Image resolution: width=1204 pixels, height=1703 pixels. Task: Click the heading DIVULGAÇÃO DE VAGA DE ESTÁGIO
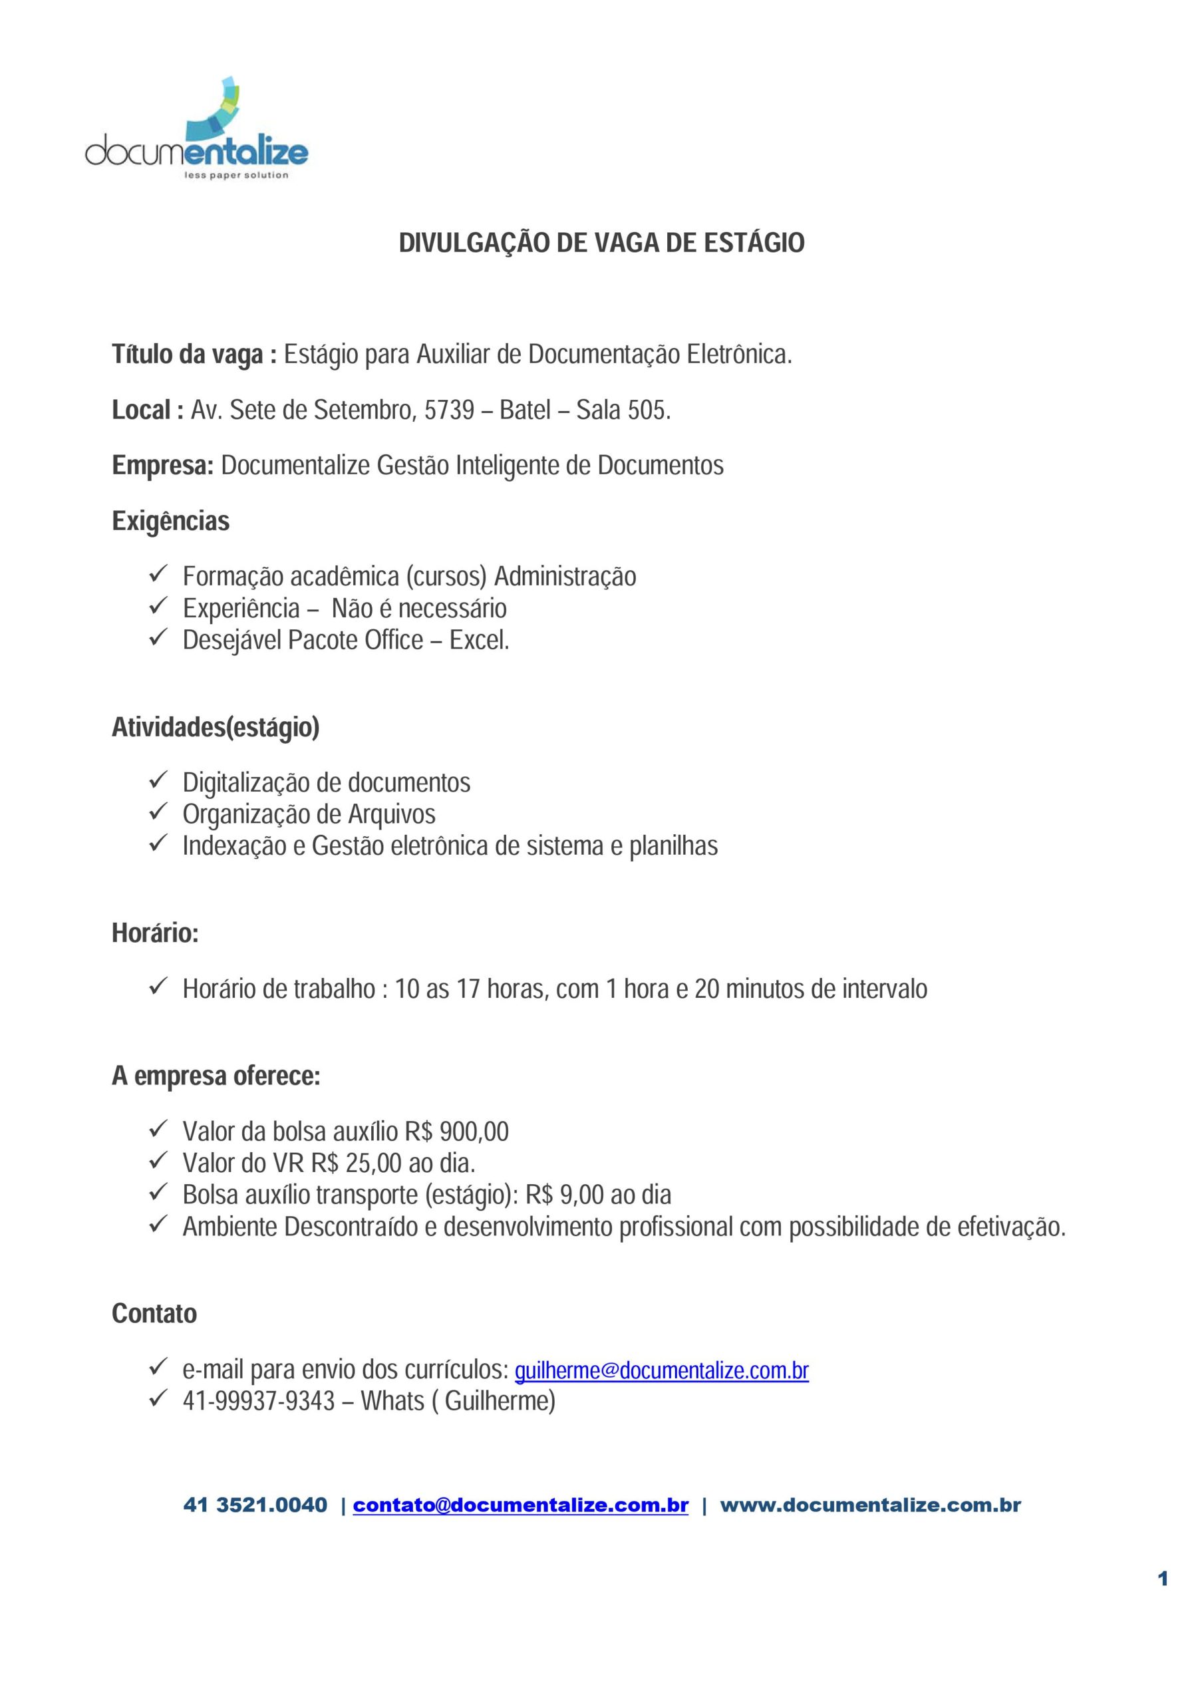601,243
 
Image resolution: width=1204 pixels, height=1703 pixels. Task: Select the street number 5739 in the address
449,409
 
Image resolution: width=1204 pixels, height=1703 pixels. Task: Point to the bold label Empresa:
163,465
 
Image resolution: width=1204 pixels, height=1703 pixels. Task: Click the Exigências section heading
171,521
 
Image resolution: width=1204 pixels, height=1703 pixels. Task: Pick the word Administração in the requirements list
565,576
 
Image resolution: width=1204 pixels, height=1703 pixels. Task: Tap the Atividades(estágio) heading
215,727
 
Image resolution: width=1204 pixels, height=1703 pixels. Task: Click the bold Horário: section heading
155,933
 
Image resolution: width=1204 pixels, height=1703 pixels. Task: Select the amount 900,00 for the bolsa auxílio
474,1131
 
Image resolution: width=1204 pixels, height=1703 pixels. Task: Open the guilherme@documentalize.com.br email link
661,1370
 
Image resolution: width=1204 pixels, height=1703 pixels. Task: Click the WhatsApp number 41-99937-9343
259,1401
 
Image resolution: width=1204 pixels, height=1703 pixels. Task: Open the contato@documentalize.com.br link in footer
520,1505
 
